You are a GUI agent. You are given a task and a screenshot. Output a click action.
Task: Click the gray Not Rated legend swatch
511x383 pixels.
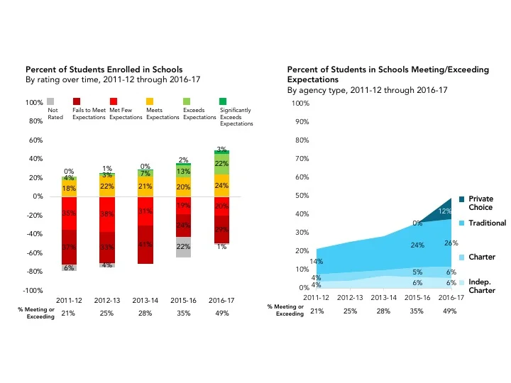point(50,102)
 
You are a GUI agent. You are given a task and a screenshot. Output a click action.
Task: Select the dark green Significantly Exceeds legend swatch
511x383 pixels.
point(224,102)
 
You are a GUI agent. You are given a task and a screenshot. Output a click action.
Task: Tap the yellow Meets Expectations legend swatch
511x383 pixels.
point(150,102)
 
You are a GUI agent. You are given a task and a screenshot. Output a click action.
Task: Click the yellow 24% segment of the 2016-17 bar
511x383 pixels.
point(221,186)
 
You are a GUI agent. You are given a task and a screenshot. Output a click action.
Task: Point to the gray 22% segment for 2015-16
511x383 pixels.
point(184,247)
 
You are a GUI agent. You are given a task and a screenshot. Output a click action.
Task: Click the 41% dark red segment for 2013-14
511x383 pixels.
point(145,245)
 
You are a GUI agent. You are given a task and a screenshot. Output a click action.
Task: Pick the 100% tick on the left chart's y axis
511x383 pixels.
point(34,104)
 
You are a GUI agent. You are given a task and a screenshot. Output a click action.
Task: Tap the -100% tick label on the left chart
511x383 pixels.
point(33,291)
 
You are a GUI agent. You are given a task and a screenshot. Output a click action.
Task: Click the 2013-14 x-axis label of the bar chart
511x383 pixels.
point(145,301)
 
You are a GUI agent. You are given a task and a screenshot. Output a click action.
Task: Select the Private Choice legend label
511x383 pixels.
point(480,203)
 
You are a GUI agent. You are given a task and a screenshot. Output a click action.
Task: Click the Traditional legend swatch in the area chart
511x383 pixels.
point(462,223)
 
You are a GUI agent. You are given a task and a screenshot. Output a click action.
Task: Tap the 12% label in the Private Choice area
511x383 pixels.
point(444,211)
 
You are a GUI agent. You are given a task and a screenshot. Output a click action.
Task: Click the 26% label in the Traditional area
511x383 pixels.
point(450,244)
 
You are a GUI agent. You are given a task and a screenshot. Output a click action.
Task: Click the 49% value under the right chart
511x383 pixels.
point(450,312)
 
